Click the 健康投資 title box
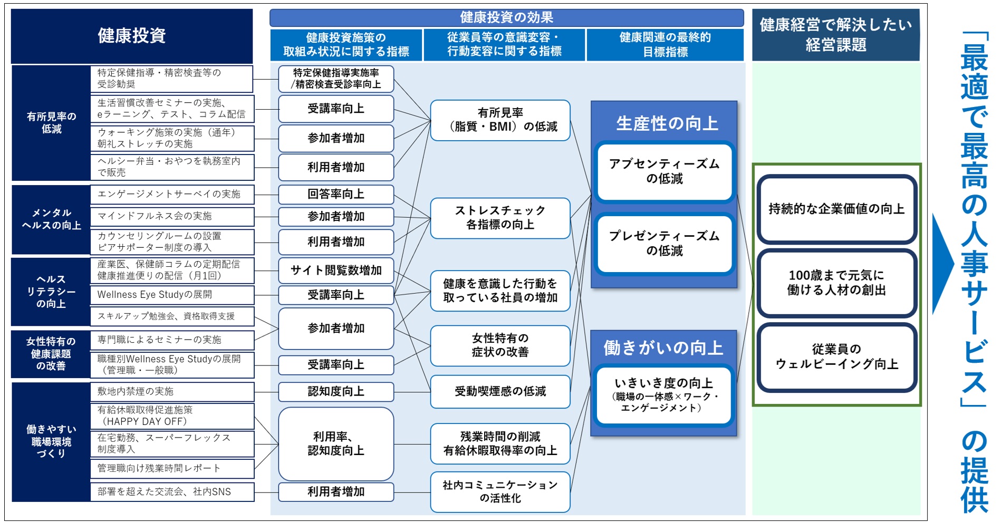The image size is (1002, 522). pyautogui.click(x=132, y=36)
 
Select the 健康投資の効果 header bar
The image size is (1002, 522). pyautogui.click(x=506, y=17)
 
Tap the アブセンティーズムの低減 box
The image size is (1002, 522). pyautogui.click(x=664, y=171)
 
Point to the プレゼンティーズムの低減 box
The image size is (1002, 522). pyautogui.click(x=664, y=243)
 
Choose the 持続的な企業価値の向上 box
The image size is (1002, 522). pyautogui.click(x=836, y=209)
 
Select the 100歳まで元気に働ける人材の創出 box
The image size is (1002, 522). pyautogui.click(x=836, y=283)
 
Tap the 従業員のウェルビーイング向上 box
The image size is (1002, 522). pyautogui.click(x=836, y=357)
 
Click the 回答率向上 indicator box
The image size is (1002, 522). pyautogui.click(x=336, y=194)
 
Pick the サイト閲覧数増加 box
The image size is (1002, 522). pyautogui.click(x=336, y=270)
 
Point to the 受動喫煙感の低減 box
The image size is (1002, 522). pyautogui.click(x=500, y=391)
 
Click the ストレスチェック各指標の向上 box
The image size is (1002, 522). pyautogui.click(x=500, y=218)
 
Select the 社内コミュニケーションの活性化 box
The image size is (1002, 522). pyautogui.click(x=500, y=491)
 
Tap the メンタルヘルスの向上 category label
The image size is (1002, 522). pyautogui.click(x=51, y=219)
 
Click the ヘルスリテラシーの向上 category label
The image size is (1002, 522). pyautogui.click(x=51, y=292)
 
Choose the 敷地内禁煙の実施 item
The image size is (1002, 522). pyautogui.click(x=172, y=391)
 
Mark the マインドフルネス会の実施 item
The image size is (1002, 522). pyautogui.click(x=172, y=216)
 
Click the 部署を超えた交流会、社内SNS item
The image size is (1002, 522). pyautogui.click(x=172, y=491)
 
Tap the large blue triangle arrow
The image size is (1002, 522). pyautogui.click(x=942, y=264)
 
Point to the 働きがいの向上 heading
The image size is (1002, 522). pyautogui.click(x=663, y=348)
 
